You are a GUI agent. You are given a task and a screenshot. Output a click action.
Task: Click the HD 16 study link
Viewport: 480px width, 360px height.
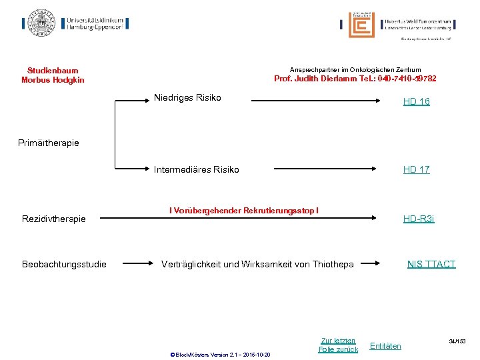pos(416,101)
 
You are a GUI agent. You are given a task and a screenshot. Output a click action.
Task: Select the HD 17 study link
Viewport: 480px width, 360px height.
pos(416,169)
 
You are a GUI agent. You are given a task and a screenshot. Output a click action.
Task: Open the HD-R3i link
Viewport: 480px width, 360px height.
pos(418,219)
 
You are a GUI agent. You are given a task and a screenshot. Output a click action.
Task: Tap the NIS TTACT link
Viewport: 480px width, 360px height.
pos(431,264)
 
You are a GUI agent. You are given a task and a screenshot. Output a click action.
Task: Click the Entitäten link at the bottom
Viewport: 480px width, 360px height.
pos(385,346)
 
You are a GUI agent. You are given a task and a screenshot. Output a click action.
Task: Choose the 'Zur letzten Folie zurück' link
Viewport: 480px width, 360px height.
pos(338,345)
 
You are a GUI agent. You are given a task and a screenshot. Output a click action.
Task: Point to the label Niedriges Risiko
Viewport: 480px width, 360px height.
pos(187,98)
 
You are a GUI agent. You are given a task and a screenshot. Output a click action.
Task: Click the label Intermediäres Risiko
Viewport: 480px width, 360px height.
pos(196,169)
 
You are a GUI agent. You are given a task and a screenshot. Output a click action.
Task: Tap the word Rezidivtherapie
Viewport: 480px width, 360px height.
pos(53,219)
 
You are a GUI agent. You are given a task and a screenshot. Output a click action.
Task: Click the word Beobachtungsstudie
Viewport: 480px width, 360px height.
pos(64,264)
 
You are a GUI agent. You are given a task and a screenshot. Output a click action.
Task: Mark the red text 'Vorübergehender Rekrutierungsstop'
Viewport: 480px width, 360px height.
pos(244,211)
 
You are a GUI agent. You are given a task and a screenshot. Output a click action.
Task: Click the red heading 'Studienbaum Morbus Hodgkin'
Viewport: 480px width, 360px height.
pos(53,75)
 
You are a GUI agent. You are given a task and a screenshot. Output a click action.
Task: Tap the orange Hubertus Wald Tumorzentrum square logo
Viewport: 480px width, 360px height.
pos(361,25)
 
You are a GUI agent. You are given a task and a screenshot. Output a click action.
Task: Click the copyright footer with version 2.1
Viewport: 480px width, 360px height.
pos(219,354)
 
